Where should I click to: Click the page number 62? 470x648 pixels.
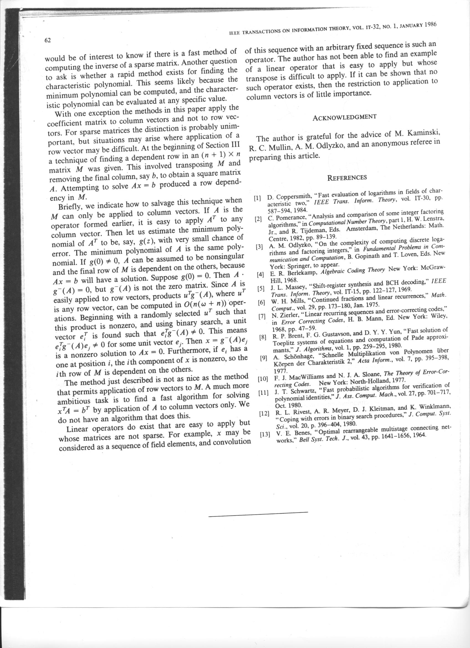coord(47,40)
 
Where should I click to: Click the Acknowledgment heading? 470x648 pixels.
coord(344,117)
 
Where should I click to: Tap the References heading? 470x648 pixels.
coord(347,177)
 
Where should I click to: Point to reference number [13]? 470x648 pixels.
coord(265,435)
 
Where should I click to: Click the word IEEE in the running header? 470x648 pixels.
coord(234,33)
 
